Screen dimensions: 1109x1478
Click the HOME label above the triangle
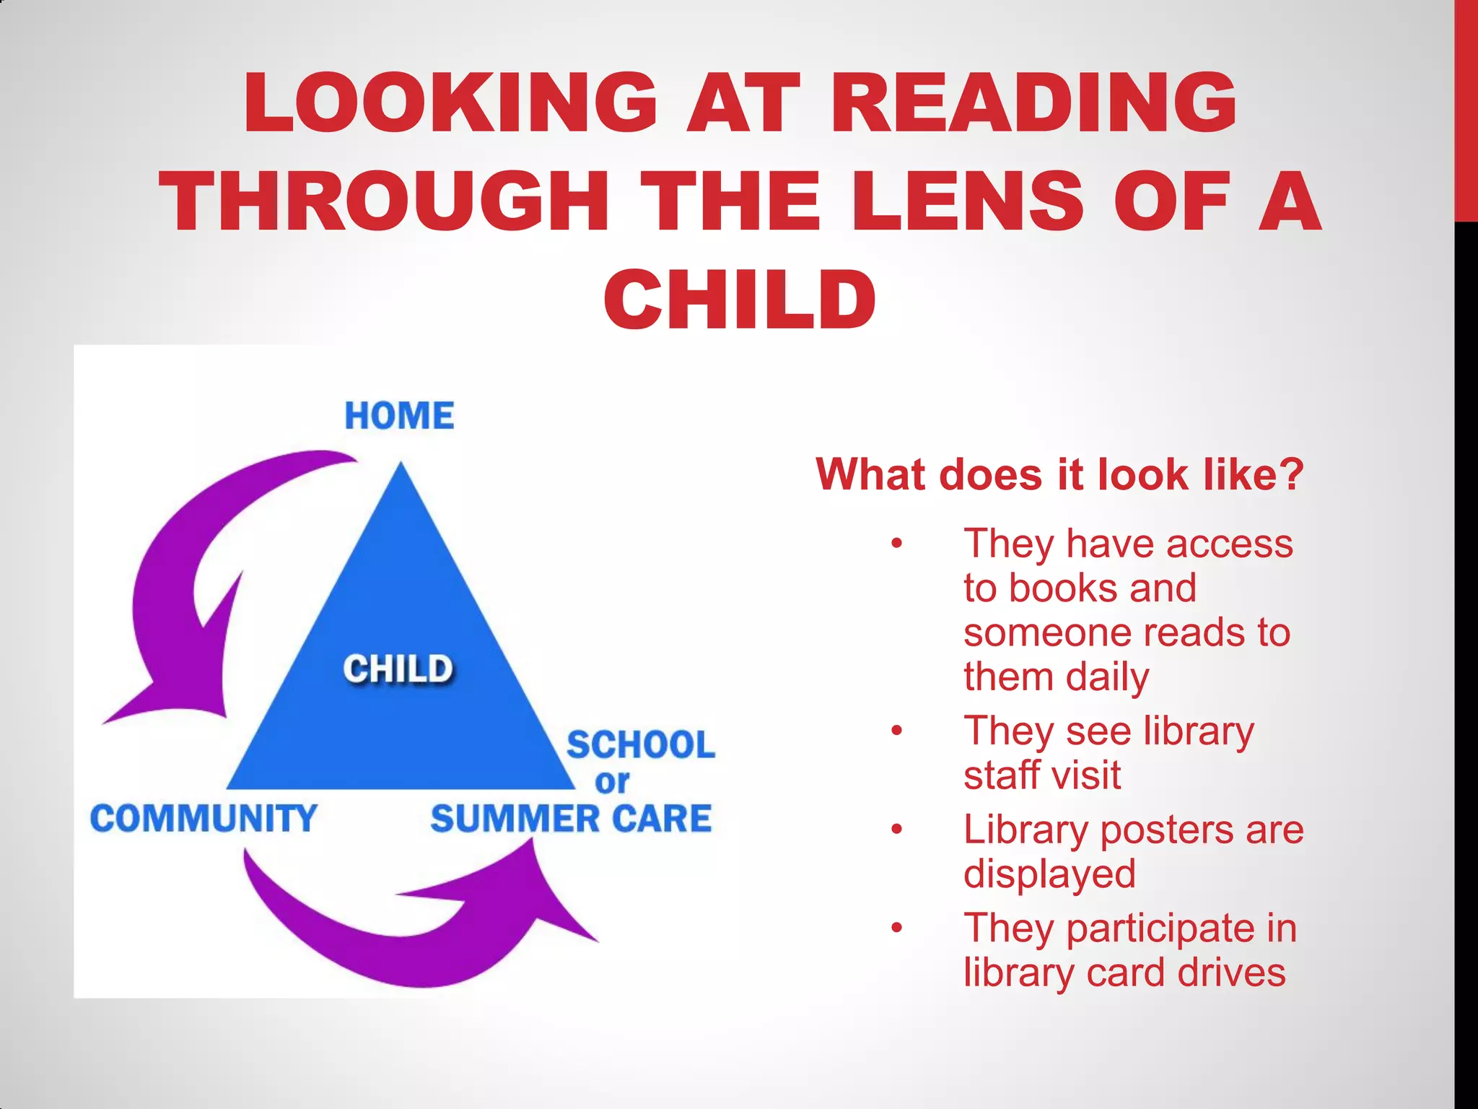tap(399, 416)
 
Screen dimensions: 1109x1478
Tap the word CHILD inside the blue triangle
tap(398, 669)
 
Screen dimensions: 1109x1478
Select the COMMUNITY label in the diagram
tap(204, 819)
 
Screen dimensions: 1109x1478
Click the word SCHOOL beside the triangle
tap(641, 745)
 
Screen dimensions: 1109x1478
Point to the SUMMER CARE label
tap(571, 819)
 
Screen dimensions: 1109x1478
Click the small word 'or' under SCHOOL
tap(612, 782)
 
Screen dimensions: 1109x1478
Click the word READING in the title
tap(1033, 103)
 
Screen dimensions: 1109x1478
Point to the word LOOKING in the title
tap(451, 103)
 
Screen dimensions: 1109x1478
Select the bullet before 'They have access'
tap(896, 544)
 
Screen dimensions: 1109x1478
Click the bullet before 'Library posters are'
tap(896, 830)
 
